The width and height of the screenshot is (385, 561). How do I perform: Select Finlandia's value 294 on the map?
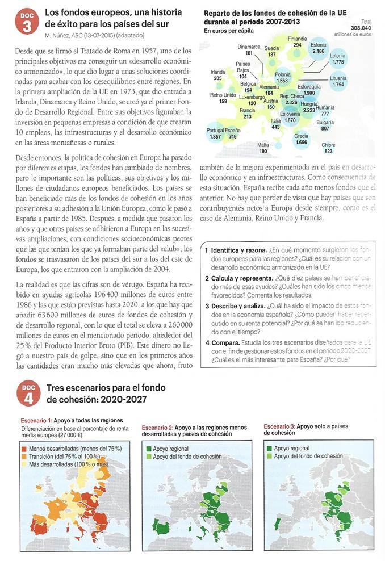[x=297, y=44]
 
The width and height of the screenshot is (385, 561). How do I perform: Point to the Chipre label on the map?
[x=328, y=145]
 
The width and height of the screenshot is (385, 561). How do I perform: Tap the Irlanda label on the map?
[x=217, y=72]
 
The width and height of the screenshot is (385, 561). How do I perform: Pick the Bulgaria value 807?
[x=325, y=128]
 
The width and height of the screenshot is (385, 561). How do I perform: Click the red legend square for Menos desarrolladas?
[x=26, y=449]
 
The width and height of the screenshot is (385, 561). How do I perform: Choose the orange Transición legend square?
[x=26, y=456]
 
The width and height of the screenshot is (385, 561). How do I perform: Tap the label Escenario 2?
[x=157, y=426]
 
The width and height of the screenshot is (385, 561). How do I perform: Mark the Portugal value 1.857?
[x=215, y=137]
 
